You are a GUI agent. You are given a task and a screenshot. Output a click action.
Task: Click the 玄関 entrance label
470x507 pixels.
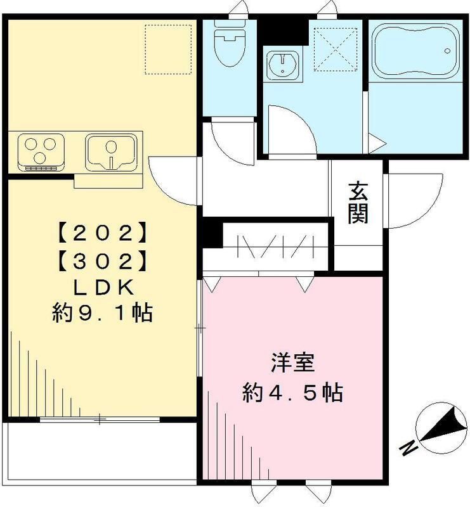click(358, 202)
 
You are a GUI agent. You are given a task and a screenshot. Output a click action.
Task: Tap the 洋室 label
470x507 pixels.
click(291, 366)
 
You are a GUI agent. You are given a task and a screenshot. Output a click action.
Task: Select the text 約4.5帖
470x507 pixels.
click(291, 394)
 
